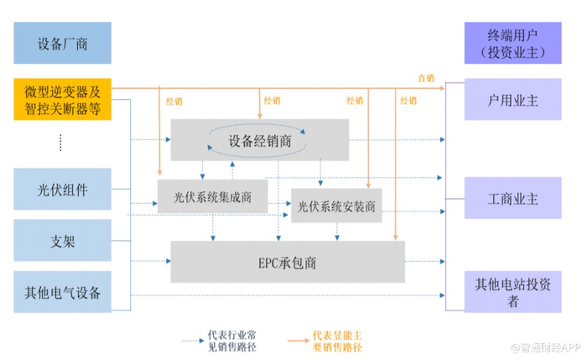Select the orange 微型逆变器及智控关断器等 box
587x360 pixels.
tap(62, 98)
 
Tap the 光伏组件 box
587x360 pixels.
tap(62, 189)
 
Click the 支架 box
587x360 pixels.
tap(62, 241)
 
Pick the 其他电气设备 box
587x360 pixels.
tap(62, 292)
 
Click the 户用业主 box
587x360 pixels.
tap(512, 100)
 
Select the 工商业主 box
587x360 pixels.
tap(512, 199)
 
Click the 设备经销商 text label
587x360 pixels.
tap(260, 141)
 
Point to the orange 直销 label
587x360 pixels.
tap(426, 78)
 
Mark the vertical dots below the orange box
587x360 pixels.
tap(61, 143)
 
